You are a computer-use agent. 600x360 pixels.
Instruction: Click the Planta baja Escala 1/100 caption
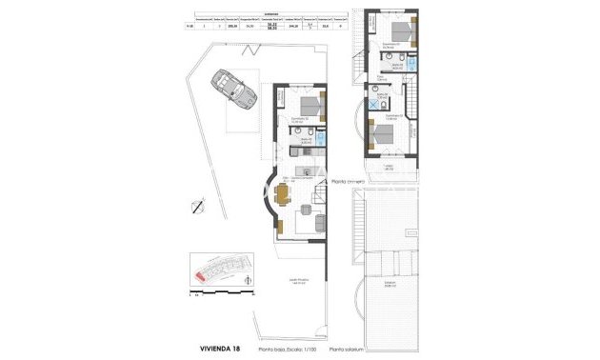[291, 350]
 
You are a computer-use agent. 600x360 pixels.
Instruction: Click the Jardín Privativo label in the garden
[299, 281]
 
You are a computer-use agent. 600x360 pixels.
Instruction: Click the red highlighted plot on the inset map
[201, 276]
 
